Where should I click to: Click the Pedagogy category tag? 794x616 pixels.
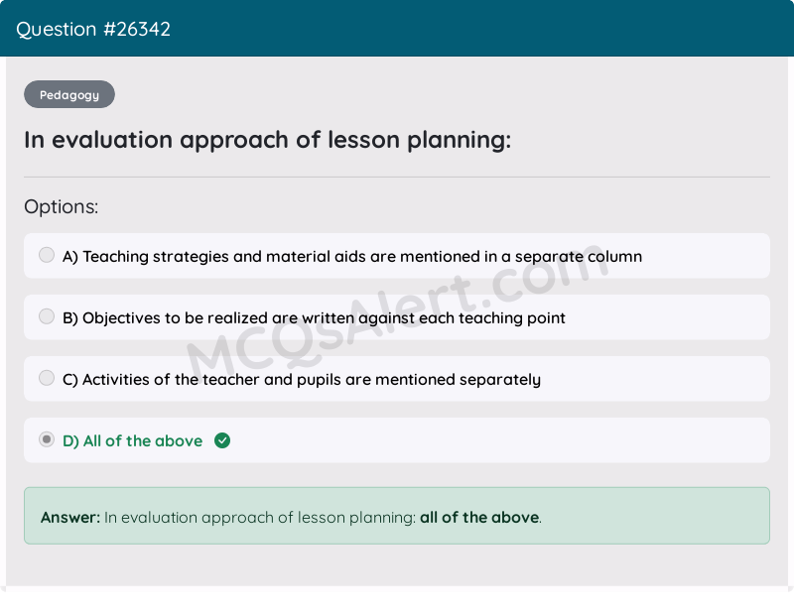click(x=69, y=95)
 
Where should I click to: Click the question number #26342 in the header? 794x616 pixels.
click(x=137, y=29)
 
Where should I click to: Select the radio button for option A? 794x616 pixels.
click(x=47, y=255)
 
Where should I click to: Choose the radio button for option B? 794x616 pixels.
click(x=47, y=316)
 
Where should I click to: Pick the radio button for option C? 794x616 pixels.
click(x=47, y=378)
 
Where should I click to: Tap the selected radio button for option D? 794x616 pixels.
click(x=47, y=439)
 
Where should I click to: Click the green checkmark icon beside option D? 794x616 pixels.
click(x=222, y=440)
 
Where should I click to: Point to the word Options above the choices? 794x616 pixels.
click(x=61, y=207)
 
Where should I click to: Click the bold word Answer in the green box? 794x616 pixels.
click(x=69, y=517)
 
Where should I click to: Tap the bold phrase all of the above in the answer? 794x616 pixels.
click(x=478, y=517)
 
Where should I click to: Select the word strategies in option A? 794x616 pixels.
click(x=187, y=257)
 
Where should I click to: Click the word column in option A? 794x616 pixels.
click(x=614, y=257)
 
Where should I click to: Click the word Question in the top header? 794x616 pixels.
click(x=57, y=29)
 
